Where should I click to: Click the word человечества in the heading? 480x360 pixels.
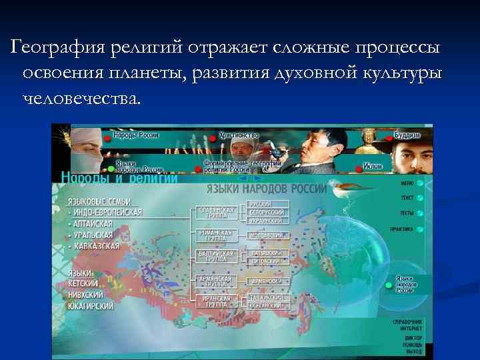click(81, 99)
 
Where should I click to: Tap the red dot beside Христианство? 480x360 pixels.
click(213, 137)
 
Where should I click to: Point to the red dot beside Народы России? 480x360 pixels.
click(107, 135)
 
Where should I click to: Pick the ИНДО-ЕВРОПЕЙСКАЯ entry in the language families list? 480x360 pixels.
click(107, 212)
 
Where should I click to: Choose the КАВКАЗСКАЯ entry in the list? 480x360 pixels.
click(96, 245)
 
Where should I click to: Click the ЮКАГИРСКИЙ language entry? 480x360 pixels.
click(90, 306)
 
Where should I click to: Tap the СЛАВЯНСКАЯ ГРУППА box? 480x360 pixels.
click(216, 212)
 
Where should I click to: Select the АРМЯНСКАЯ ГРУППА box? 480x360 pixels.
click(215, 281)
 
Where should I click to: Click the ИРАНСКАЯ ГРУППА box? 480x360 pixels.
click(215, 301)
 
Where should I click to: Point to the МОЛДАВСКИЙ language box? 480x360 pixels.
click(267, 235)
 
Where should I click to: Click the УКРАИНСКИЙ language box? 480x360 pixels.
click(267, 219)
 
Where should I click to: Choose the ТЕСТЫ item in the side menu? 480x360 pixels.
click(407, 213)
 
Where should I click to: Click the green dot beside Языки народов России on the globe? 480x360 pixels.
click(387, 285)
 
